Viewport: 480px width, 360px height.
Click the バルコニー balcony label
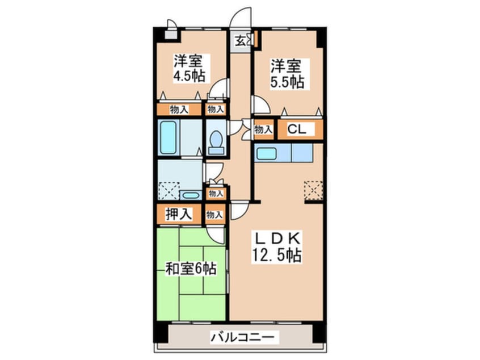tap(242, 337)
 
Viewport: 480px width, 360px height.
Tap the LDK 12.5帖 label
tap(276, 247)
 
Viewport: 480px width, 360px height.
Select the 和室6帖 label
tap(191, 269)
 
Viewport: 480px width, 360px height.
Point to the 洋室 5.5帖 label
tap(287, 74)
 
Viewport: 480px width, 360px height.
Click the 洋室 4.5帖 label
tap(189, 68)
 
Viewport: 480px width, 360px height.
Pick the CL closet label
tap(296, 129)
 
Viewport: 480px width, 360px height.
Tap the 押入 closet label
tap(179, 214)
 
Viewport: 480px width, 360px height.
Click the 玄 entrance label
tap(241, 41)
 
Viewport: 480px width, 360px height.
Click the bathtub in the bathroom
tap(168, 137)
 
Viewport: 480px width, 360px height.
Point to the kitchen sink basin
tap(266, 153)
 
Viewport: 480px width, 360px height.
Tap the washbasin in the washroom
tap(191, 195)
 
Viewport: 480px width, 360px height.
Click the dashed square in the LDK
tap(313, 190)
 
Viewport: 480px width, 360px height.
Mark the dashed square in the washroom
tap(169, 191)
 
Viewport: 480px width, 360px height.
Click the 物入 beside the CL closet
tap(263, 129)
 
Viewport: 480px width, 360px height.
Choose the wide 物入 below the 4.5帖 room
tap(179, 109)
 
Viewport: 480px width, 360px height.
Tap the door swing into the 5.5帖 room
tap(260, 104)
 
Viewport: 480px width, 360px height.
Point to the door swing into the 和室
tap(216, 235)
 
